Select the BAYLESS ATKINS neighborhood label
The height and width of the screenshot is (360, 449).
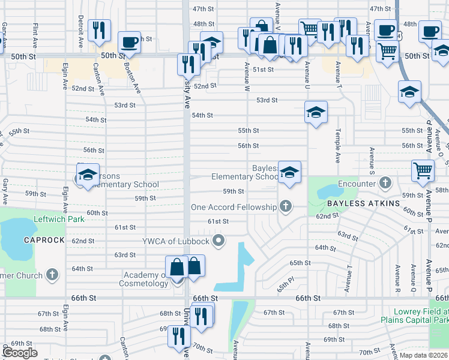[363, 204]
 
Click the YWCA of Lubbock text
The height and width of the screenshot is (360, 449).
[175, 242]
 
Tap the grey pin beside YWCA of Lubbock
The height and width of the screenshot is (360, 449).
[218, 242]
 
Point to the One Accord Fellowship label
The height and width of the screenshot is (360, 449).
[234, 208]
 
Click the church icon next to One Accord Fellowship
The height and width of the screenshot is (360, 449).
[286, 207]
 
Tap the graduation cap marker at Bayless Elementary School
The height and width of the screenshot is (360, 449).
[289, 173]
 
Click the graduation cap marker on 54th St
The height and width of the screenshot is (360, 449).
[316, 112]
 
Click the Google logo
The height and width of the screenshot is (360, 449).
[20, 352]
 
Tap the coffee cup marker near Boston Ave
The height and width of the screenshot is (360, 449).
[129, 42]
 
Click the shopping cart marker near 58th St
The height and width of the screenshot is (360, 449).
[423, 170]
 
